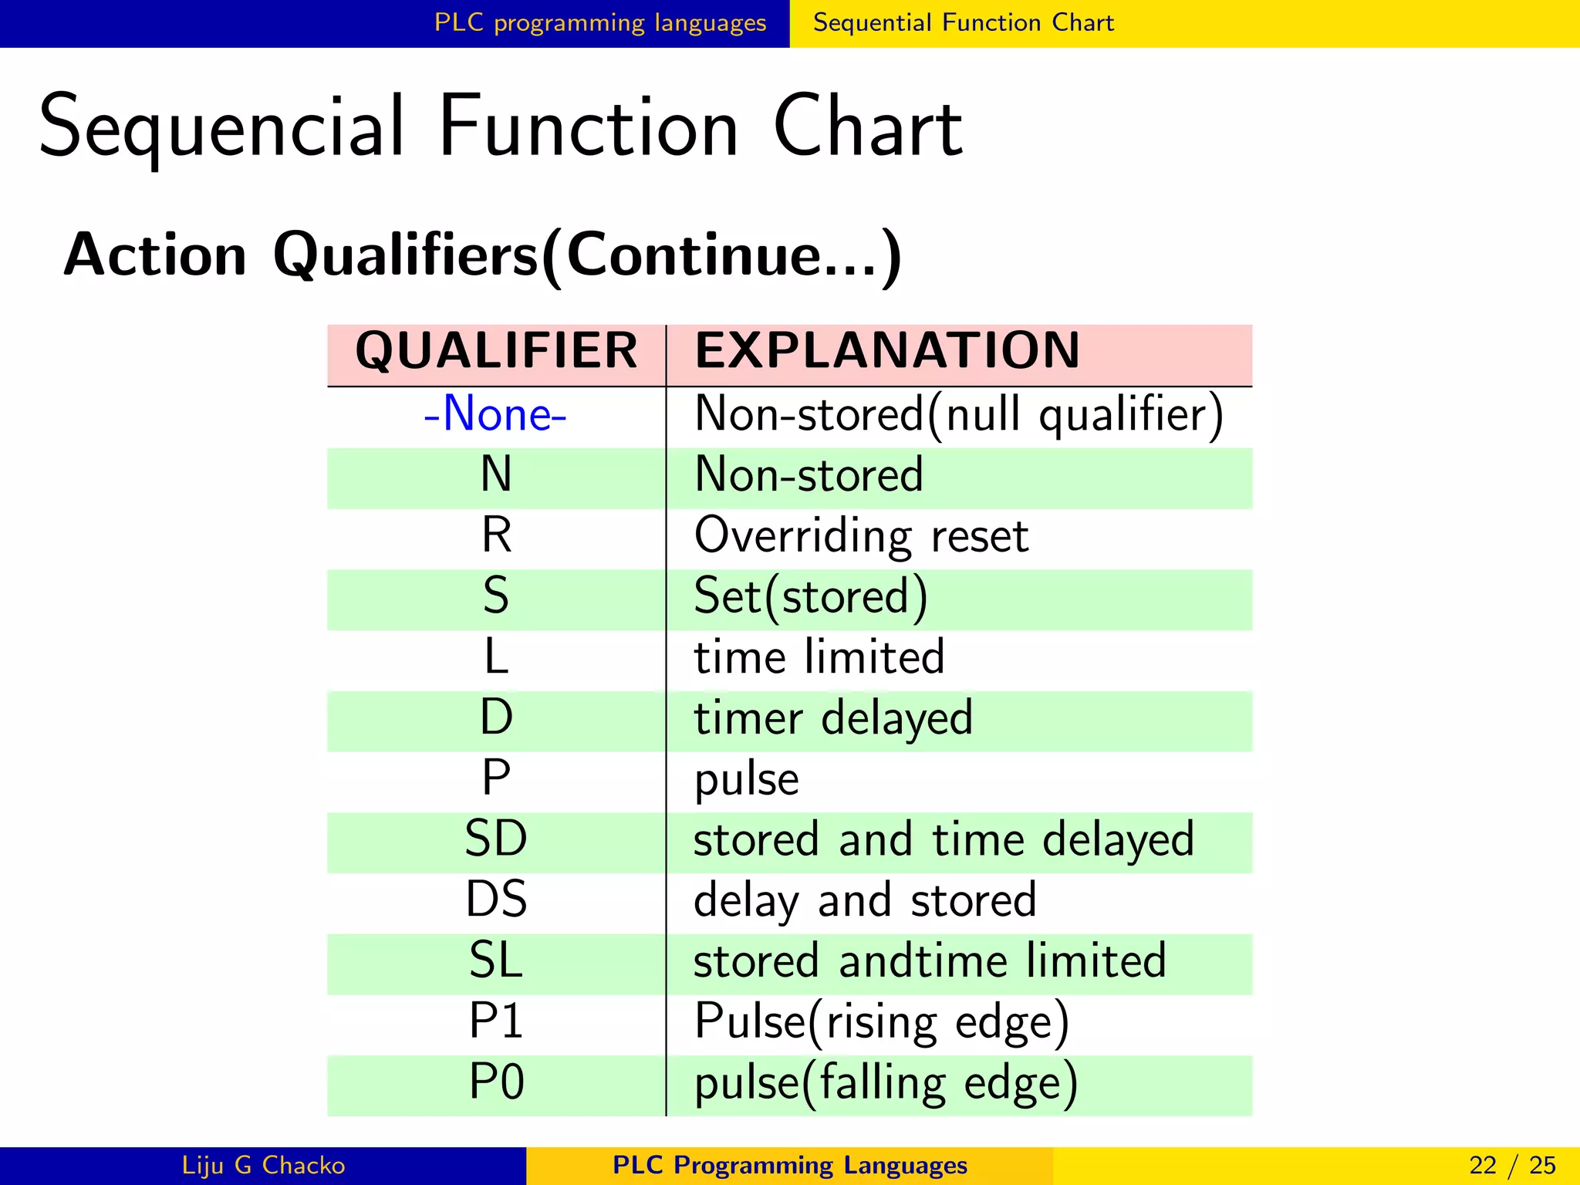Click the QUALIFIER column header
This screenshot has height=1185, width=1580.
[x=496, y=351]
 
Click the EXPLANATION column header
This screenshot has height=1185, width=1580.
[x=887, y=351]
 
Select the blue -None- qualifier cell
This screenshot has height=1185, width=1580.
[x=495, y=414]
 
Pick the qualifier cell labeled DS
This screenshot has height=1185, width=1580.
[x=496, y=900]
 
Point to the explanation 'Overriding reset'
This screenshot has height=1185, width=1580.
[x=861, y=535]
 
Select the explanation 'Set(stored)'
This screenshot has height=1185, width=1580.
[x=810, y=596]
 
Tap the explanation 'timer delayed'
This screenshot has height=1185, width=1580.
[x=833, y=718]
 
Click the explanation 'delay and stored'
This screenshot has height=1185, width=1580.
[x=865, y=900]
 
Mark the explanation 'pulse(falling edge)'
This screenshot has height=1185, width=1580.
[x=886, y=1083]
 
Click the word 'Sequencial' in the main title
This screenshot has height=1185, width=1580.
[x=221, y=127]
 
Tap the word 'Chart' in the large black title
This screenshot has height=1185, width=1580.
[x=867, y=127]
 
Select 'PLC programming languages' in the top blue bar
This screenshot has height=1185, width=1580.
[x=600, y=23]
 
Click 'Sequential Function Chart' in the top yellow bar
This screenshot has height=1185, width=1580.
[x=964, y=23]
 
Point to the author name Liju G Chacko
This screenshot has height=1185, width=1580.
[x=263, y=1165]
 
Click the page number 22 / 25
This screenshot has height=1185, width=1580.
[x=1512, y=1165]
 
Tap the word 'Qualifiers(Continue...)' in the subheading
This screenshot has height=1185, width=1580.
[x=587, y=255]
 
